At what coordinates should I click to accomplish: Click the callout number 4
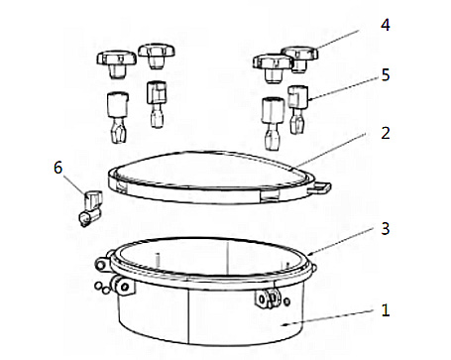pyautogui.click(x=386, y=25)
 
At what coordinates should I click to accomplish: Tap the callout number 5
pyautogui.click(x=386, y=75)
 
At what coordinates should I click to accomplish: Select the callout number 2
pyautogui.click(x=386, y=133)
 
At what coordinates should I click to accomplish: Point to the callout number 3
pyautogui.click(x=386, y=228)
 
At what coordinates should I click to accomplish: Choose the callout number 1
pyautogui.click(x=386, y=310)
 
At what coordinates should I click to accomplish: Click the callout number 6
pyautogui.click(x=57, y=168)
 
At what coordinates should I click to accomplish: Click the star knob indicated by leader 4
pyautogui.click(x=299, y=59)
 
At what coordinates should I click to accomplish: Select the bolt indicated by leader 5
pyautogui.click(x=297, y=109)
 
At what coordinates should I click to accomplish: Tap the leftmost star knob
pyautogui.click(x=117, y=63)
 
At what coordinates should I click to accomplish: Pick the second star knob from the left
pyautogui.click(x=157, y=57)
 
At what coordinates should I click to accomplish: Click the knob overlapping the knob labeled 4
pyautogui.click(x=273, y=68)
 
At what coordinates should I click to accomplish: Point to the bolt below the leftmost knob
pyautogui.click(x=118, y=117)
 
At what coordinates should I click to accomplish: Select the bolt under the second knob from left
pyautogui.click(x=156, y=104)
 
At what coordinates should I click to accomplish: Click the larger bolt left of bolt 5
pyautogui.click(x=273, y=124)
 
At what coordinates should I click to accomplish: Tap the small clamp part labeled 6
pyautogui.click(x=90, y=208)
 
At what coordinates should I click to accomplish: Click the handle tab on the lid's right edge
pyautogui.click(x=320, y=187)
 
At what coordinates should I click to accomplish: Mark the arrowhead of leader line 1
pyautogui.click(x=283, y=324)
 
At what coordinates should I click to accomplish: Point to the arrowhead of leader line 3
pyautogui.click(x=309, y=254)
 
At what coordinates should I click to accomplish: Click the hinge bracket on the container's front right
pyautogui.click(x=268, y=299)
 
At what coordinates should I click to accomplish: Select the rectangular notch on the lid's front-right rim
pyautogui.click(x=270, y=196)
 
